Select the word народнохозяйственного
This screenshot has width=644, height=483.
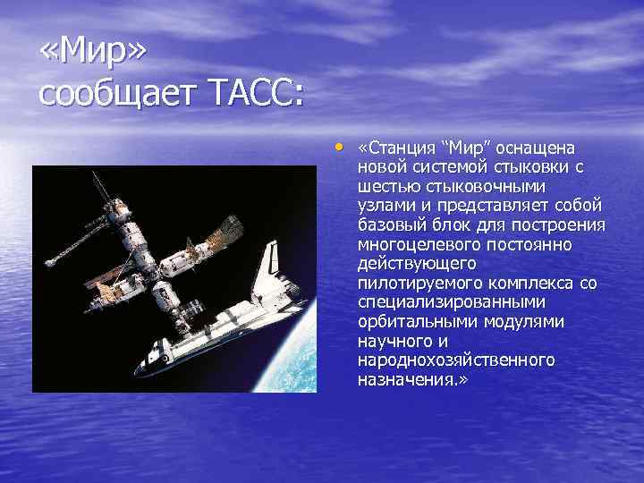click(455, 360)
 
